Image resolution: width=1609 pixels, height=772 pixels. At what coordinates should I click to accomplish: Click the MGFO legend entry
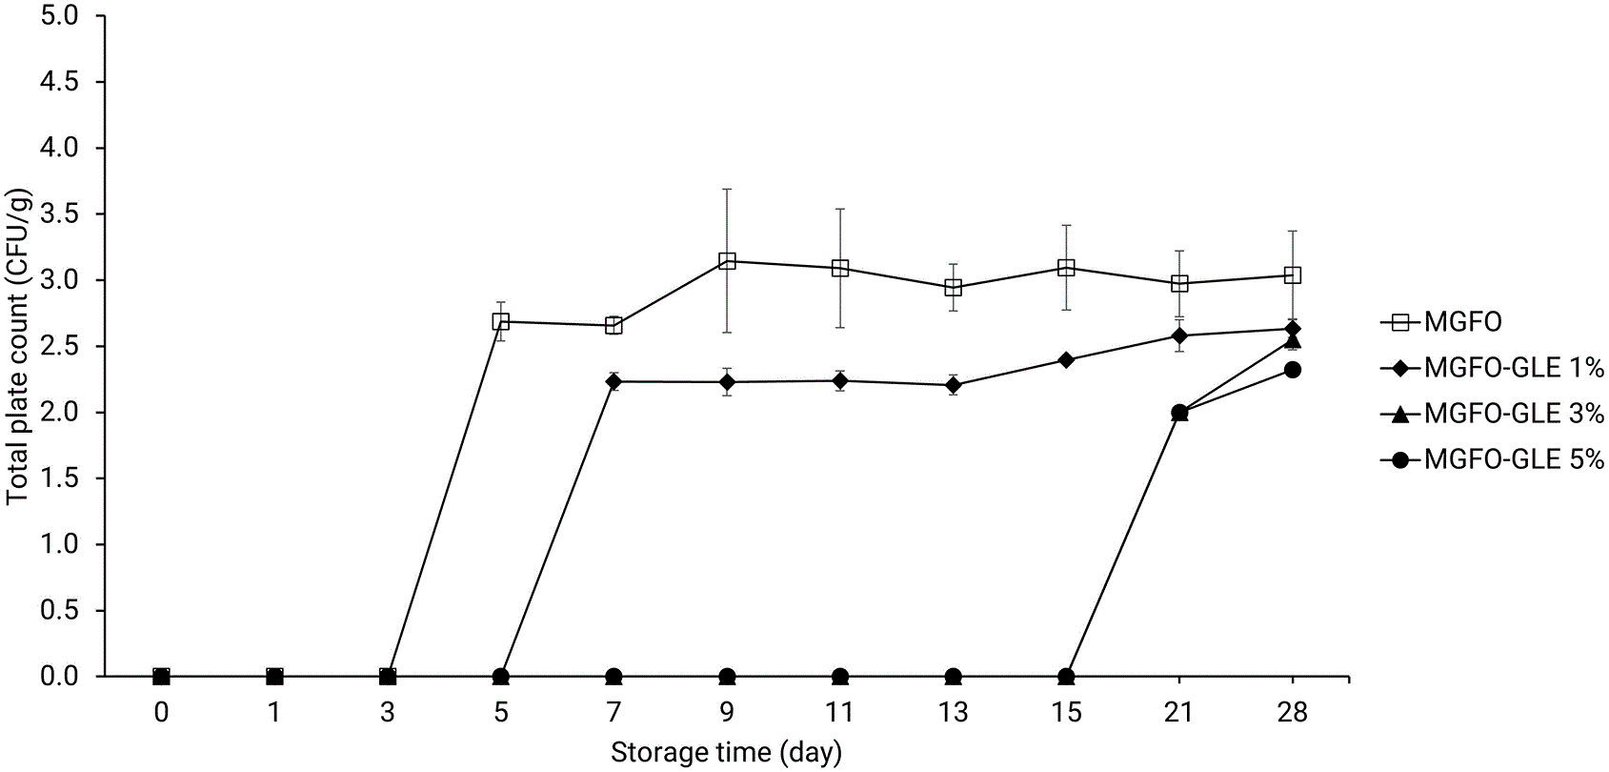click(1441, 322)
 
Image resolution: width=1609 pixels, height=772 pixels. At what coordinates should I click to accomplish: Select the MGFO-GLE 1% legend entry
click(1492, 368)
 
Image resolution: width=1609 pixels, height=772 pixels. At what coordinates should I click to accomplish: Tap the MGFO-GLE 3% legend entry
click(1492, 414)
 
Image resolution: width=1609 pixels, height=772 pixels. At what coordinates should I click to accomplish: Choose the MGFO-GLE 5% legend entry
click(1492, 458)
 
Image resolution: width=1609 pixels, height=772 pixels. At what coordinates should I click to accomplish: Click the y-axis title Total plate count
click(17, 347)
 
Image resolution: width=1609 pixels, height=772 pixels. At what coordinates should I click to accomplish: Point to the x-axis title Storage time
click(726, 753)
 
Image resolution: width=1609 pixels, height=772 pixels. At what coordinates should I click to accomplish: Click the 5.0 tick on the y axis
click(60, 16)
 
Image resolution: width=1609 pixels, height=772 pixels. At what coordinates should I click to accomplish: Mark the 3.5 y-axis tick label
click(60, 214)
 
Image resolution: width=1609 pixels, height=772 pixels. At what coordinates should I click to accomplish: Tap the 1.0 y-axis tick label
click(60, 544)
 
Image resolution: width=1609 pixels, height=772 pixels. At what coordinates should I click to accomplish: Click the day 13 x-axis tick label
click(954, 712)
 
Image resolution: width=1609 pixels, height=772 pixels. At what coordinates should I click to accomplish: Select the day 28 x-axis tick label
click(1292, 712)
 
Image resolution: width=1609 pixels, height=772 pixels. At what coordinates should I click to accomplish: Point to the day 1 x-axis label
click(274, 712)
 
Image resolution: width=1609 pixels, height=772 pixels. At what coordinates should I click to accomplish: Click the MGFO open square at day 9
click(727, 261)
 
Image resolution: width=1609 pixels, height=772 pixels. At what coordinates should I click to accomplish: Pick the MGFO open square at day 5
click(501, 321)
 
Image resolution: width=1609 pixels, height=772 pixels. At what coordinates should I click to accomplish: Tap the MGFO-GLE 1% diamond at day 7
click(613, 381)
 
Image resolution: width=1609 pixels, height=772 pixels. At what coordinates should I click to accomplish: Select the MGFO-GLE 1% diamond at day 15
click(1066, 360)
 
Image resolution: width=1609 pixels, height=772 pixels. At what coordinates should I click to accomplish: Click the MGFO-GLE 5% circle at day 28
click(1292, 370)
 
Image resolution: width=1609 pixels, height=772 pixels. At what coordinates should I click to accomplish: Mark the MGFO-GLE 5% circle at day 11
click(839, 677)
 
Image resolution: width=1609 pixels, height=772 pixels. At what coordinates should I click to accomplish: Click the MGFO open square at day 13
click(954, 288)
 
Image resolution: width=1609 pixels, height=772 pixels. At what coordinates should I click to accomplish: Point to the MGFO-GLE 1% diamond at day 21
click(1178, 335)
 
